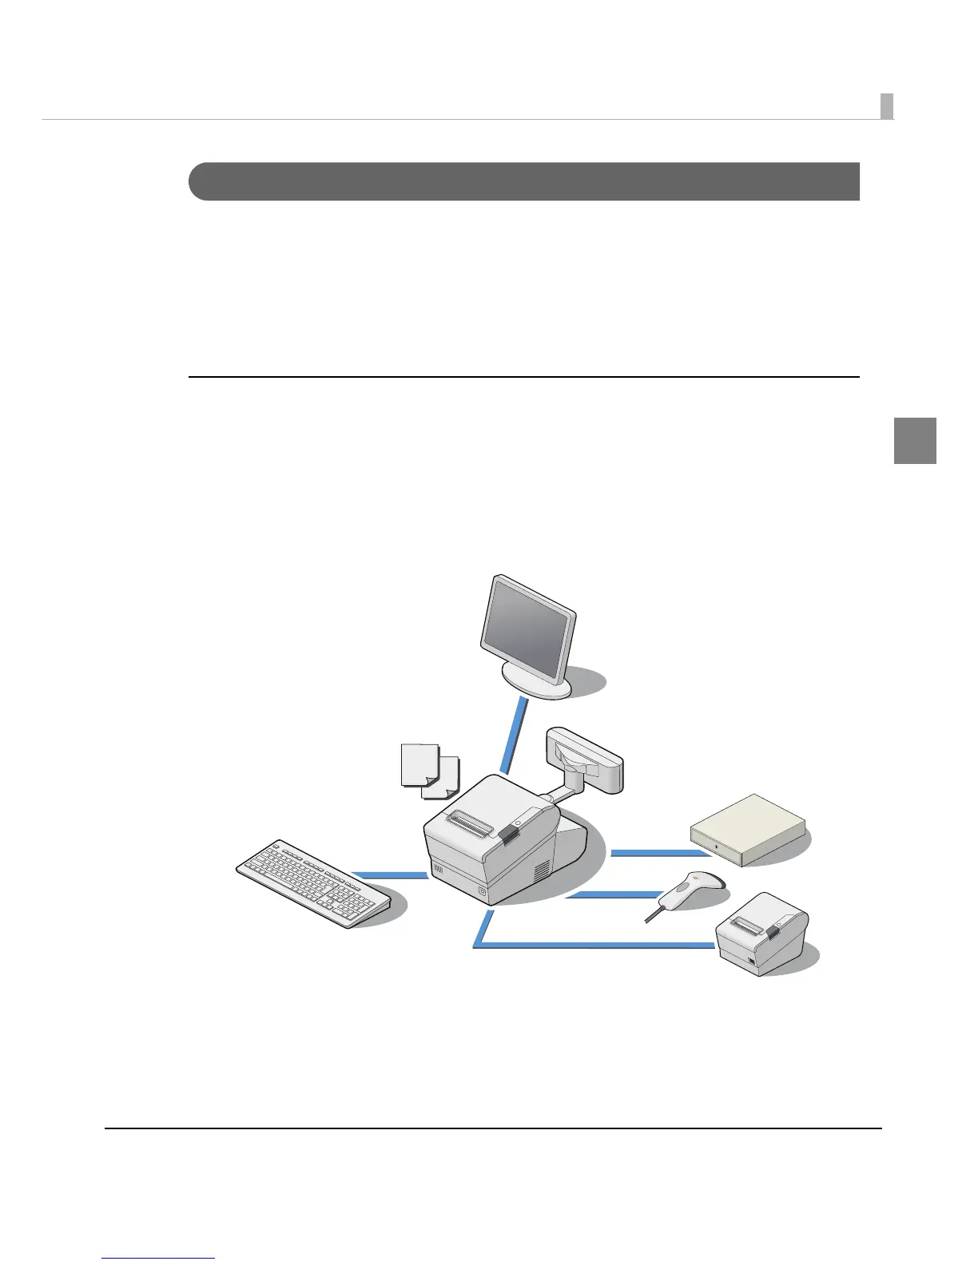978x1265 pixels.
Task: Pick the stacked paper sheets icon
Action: click(429, 770)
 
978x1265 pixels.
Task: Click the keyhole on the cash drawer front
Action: click(719, 846)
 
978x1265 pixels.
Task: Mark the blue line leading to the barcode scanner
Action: click(606, 896)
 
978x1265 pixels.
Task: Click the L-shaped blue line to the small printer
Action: click(591, 946)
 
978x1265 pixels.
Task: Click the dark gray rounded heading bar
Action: click(523, 181)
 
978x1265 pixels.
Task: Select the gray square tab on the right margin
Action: click(914, 440)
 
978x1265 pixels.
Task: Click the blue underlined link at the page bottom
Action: click(158, 1259)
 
